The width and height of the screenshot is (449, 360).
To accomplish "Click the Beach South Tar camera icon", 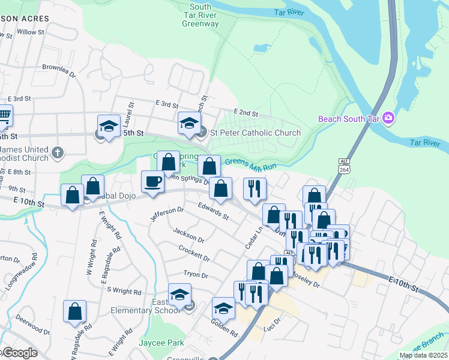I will pyautogui.click(x=388, y=118).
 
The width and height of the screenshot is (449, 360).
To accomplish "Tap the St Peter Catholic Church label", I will pyautogui.click(x=255, y=133).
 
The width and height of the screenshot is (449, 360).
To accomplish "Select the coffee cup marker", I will pyautogui.click(x=152, y=181).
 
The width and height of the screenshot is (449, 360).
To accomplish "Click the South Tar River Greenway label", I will pyautogui.click(x=200, y=14).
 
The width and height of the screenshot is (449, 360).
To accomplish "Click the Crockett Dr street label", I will pyautogui.click(x=194, y=253).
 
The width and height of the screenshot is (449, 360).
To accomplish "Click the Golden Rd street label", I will pyautogui.click(x=224, y=327).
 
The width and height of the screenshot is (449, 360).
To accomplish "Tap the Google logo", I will pyautogui.click(x=20, y=353).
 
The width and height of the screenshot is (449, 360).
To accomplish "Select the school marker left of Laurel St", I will pyautogui.click(x=109, y=127).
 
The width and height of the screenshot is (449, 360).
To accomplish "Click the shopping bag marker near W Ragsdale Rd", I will pyautogui.click(x=75, y=311).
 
